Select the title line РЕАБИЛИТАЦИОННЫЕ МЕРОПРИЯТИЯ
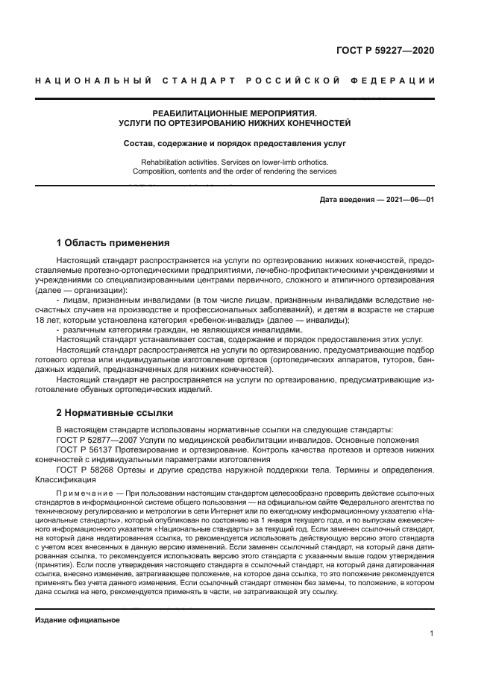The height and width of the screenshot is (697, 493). click(x=235, y=113)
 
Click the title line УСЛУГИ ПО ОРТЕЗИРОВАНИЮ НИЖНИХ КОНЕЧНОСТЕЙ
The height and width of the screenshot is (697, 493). click(x=235, y=123)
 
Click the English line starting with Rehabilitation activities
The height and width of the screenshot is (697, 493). click(x=235, y=162)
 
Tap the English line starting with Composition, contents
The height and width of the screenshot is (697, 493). click(x=235, y=171)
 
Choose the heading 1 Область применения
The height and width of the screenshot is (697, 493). click(x=113, y=243)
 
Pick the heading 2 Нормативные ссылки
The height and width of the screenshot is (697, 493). click(x=115, y=412)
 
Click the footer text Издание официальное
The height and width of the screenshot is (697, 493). click(x=78, y=620)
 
